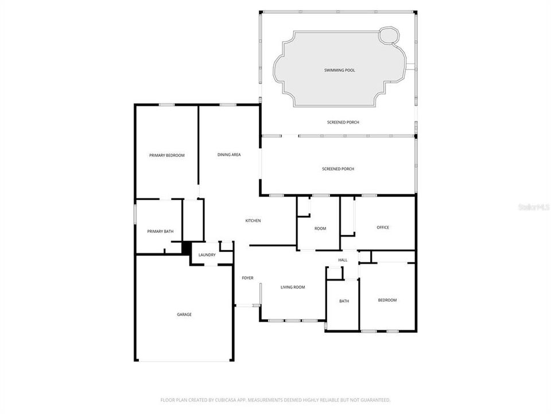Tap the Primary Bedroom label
point(166,155)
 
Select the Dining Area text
point(228,155)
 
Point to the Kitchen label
point(253,221)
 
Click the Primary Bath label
point(160,231)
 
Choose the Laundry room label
point(207,255)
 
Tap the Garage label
point(184,314)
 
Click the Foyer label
point(247,278)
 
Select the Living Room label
point(292,287)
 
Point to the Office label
point(383,227)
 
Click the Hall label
point(343,260)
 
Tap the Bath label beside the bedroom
point(344,301)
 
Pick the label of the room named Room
point(320,228)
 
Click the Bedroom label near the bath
point(387,300)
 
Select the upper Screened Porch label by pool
point(343,122)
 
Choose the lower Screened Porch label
point(338,168)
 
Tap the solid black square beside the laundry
point(186,248)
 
